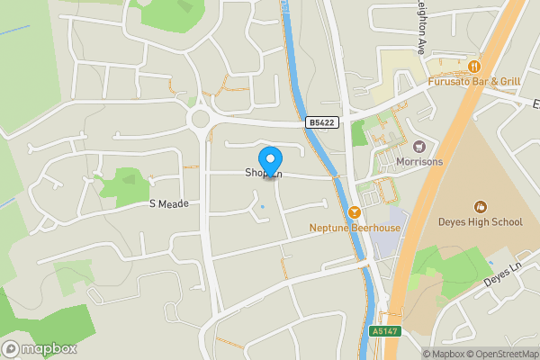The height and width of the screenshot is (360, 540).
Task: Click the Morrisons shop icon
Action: tap(418, 146)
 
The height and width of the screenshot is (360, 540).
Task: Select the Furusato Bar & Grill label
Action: tap(474, 81)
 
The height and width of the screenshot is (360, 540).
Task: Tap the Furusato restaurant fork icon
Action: tap(473, 65)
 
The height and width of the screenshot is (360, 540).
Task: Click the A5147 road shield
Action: tap(383, 331)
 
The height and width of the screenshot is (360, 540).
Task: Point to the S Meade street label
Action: tap(169, 204)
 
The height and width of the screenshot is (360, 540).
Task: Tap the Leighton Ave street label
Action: tap(419, 24)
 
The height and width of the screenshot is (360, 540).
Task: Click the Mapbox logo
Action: tap(39, 349)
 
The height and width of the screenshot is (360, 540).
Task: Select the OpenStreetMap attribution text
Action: tap(499, 353)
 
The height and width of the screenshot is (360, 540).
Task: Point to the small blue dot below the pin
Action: tap(263, 208)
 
